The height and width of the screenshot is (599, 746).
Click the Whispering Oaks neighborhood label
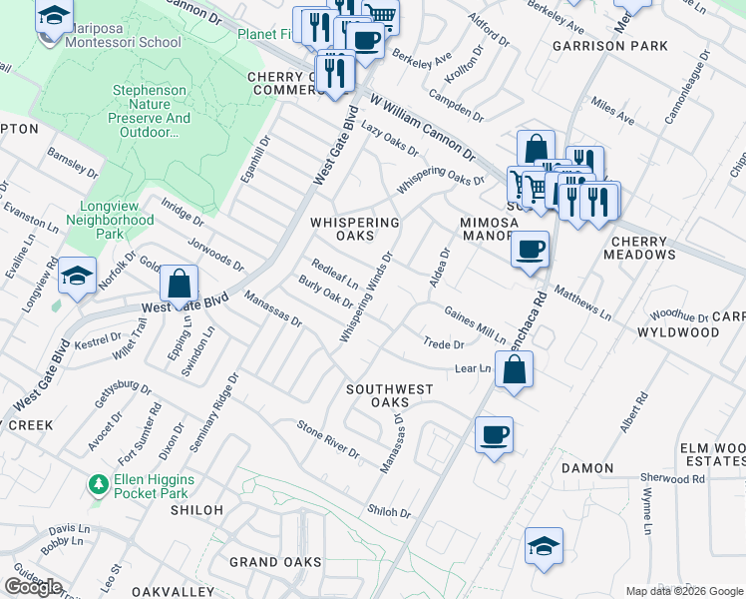(354, 229)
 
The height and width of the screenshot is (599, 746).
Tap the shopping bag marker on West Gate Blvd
(179, 285)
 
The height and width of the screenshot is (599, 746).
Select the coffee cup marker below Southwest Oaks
(494, 434)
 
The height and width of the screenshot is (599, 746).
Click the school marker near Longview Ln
(77, 277)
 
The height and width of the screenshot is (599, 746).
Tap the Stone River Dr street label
(328, 439)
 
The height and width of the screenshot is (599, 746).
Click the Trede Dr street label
(444, 344)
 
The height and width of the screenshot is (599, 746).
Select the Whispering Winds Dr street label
(366, 298)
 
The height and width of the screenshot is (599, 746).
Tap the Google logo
(33, 587)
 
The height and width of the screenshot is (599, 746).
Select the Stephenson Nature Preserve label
(149, 111)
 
